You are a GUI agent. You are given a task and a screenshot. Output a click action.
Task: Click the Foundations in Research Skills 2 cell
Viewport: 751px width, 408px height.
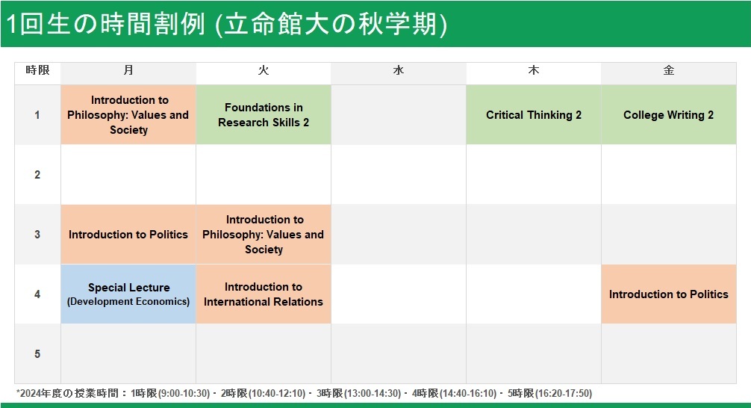point(264,114)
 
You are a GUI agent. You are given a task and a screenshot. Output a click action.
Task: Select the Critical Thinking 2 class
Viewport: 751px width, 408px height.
point(534,114)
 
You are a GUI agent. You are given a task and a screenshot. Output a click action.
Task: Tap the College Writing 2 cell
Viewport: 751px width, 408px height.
point(669,114)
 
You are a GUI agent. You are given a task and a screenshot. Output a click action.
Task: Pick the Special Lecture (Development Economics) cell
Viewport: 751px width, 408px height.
point(128,294)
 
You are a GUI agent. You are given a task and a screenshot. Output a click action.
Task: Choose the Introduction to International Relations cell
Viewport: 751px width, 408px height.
point(264,294)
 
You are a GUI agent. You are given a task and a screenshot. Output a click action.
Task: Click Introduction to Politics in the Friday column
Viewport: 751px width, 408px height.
point(669,294)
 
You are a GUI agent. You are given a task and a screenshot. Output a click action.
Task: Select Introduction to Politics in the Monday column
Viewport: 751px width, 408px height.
point(128,235)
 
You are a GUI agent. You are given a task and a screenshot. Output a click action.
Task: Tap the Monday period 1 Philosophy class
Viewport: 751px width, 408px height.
point(128,114)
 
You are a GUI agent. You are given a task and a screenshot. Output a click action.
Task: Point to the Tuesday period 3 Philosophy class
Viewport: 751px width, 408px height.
point(264,235)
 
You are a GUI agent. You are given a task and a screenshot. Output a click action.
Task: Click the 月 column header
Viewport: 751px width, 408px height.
point(128,70)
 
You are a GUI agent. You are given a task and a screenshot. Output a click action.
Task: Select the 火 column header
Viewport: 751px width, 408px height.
point(264,70)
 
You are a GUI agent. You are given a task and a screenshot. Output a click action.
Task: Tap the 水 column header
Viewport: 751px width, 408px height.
point(399,70)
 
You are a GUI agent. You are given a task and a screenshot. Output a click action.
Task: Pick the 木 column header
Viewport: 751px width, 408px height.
point(534,70)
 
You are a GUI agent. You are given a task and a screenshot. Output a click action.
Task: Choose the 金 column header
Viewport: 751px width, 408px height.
point(669,70)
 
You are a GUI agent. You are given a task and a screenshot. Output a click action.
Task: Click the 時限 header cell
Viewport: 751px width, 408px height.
point(38,70)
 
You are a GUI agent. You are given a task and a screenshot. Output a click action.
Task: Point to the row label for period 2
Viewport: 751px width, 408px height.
point(37,175)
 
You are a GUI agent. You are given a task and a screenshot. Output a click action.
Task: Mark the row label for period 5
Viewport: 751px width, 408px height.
point(37,353)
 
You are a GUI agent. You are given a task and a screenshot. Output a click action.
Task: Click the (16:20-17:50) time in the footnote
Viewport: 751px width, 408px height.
point(563,394)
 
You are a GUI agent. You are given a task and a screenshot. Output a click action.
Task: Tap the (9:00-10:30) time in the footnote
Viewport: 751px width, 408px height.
point(184,394)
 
